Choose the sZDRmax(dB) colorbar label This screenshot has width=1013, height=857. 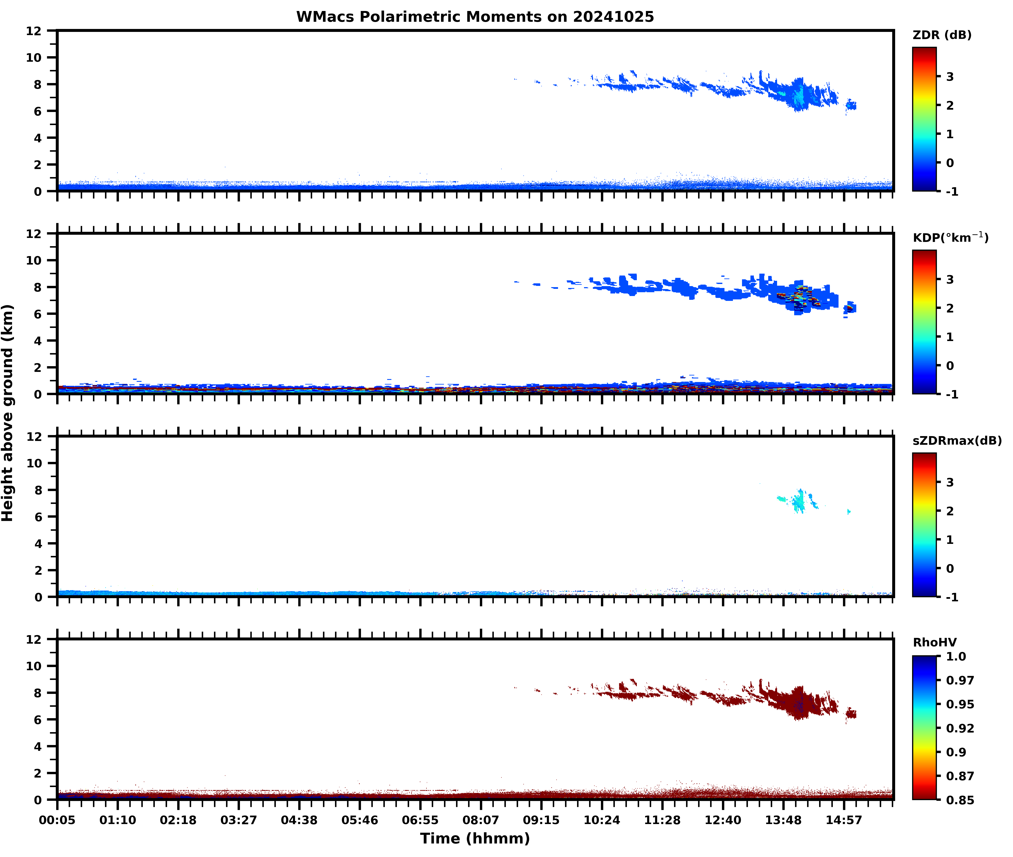[x=957, y=441]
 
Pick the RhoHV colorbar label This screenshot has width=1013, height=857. [x=934, y=642]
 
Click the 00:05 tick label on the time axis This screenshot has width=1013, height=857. [x=57, y=820]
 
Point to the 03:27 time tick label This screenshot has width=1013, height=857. [x=238, y=820]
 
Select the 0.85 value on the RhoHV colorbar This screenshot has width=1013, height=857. [x=960, y=800]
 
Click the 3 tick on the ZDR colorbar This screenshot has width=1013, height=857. [x=950, y=77]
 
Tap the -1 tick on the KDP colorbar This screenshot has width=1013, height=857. [x=952, y=394]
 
